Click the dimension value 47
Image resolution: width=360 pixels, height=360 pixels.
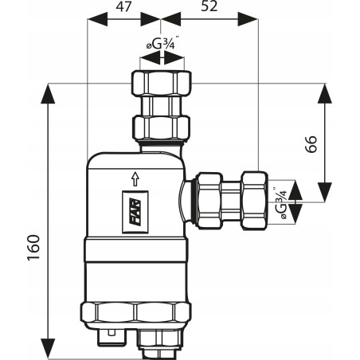(123, 6)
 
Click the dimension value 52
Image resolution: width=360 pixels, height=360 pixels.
(209, 6)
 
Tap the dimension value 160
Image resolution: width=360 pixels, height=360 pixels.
(33, 248)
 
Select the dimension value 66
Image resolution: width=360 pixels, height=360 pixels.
(311, 144)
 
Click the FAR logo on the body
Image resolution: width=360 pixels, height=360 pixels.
(135, 213)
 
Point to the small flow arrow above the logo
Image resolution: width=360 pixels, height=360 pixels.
(135, 179)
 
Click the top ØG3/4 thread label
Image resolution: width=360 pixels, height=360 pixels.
(162, 44)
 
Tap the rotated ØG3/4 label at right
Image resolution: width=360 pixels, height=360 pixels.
(281, 203)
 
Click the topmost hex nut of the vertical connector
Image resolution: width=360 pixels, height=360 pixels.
(162, 83)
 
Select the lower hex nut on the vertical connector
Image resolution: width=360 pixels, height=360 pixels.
(162, 127)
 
